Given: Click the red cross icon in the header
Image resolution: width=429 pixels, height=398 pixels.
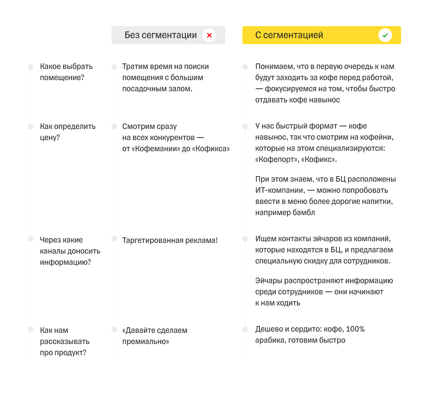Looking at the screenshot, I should click(x=209, y=35).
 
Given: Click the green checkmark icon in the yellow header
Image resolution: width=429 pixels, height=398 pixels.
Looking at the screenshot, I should click(x=385, y=35).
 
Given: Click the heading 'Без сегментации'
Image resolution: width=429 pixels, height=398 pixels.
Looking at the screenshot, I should click(x=161, y=35).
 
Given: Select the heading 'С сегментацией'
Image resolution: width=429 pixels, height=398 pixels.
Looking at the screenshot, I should click(x=289, y=35).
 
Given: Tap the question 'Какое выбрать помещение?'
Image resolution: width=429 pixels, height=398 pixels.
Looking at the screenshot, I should click(x=66, y=72).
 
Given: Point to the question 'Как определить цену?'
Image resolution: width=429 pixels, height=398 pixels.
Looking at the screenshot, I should click(x=68, y=132).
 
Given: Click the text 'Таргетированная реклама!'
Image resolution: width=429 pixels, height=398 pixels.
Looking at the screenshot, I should click(x=170, y=240).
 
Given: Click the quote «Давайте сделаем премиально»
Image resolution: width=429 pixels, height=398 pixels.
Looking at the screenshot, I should click(x=154, y=336).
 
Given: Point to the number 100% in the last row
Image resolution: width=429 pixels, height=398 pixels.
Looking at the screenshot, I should click(x=355, y=329).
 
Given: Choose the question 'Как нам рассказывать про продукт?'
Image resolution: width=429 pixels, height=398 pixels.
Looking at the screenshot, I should click(x=64, y=341).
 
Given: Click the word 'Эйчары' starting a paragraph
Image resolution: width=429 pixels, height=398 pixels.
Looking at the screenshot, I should click(x=268, y=281).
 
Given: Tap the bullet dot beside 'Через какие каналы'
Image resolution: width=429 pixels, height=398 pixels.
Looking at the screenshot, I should click(x=30, y=239).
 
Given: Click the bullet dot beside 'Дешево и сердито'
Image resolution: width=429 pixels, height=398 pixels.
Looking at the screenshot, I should click(x=245, y=329).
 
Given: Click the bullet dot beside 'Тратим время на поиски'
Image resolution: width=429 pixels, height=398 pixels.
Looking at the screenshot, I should click(x=114, y=67).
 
